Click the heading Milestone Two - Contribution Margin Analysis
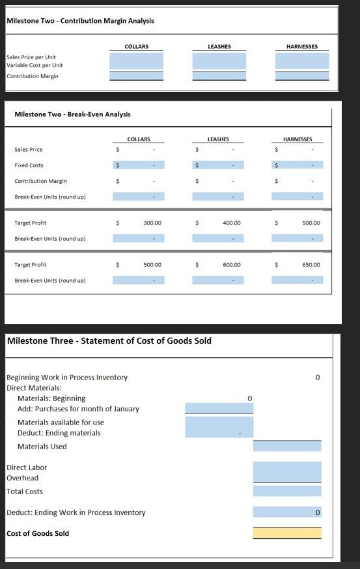pyautogui.click(x=80, y=21)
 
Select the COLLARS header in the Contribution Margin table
pyautogui.click(x=136, y=46)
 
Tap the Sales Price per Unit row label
pyautogui.click(x=31, y=57)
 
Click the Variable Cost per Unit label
pyautogui.click(x=35, y=66)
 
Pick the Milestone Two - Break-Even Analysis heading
pyautogui.click(x=72, y=115)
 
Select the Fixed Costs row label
pyautogui.click(x=29, y=165)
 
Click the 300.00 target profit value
pyautogui.click(x=152, y=223)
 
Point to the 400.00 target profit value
pyautogui.click(x=231, y=223)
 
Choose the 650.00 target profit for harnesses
pyautogui.click(x=311, y=265)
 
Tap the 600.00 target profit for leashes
pyautogui.click(x=231, y=265)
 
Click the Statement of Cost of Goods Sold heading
pyautogui.click(x=109, y=340)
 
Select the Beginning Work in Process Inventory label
pyautogui.click(x=67, y=378)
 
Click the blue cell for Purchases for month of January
pyautogui.click(x=219, y=408)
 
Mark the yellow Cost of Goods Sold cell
pyautogui.click(x=287, y=533)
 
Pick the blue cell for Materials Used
pyautogui.click(x=287, y=446)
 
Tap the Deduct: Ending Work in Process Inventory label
pyautogui.click(x=76, y=512)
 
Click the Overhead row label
pyautogui.click(x=22, y=478)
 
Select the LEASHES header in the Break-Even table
pyautogui.click(x=218, y=139)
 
